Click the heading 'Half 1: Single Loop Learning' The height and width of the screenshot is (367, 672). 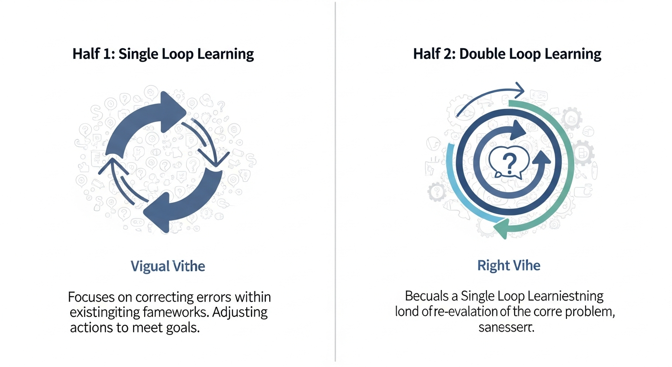[163, 54]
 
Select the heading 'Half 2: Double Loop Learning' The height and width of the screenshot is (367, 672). [507, 54]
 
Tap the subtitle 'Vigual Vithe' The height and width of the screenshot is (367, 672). [168, 266]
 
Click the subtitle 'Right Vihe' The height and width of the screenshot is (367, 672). [509, 266]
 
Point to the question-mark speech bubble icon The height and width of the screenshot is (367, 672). [509, 163]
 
